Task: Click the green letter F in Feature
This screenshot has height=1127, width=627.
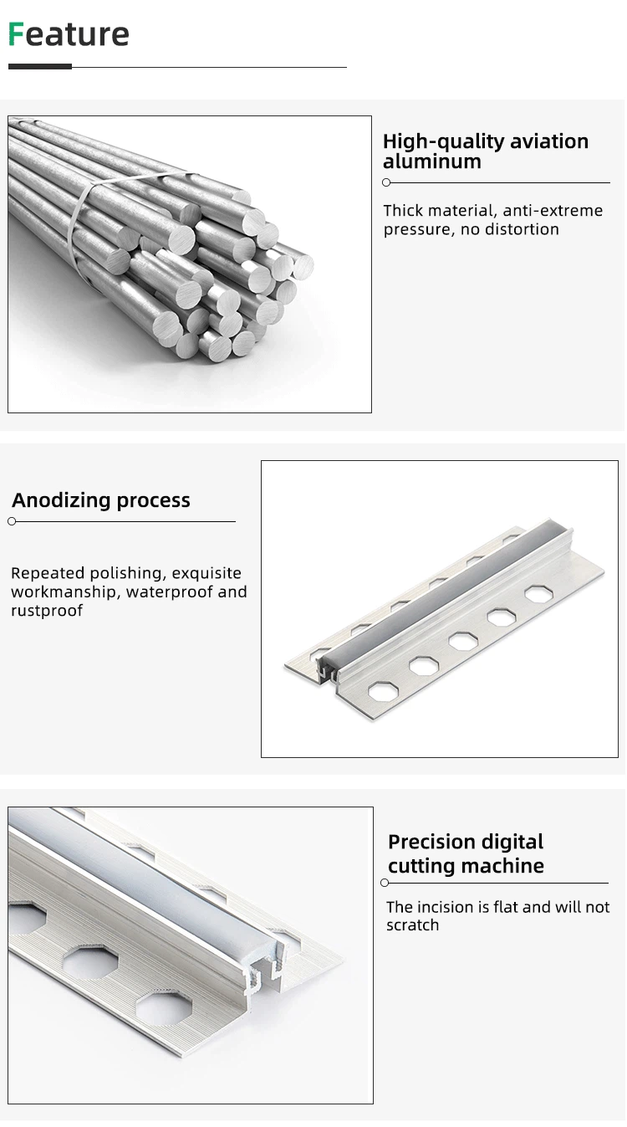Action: point(16,34)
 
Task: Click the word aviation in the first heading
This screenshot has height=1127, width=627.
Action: point(549,141)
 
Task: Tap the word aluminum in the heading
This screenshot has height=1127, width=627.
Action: point(432,161)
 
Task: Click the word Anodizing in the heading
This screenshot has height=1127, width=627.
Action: point(61,500)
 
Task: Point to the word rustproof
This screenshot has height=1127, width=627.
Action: point(47,610)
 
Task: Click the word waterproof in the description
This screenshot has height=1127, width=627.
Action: point(169,592)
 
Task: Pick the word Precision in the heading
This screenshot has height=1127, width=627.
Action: point(431,842)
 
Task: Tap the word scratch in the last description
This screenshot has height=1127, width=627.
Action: point(412,925)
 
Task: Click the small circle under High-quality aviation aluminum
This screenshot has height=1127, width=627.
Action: point(386,182)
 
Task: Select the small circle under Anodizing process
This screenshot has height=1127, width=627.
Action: point(12,522)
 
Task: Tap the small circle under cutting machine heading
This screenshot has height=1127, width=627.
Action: point(385,883)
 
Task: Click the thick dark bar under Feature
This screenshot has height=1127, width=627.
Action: point(40,66)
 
